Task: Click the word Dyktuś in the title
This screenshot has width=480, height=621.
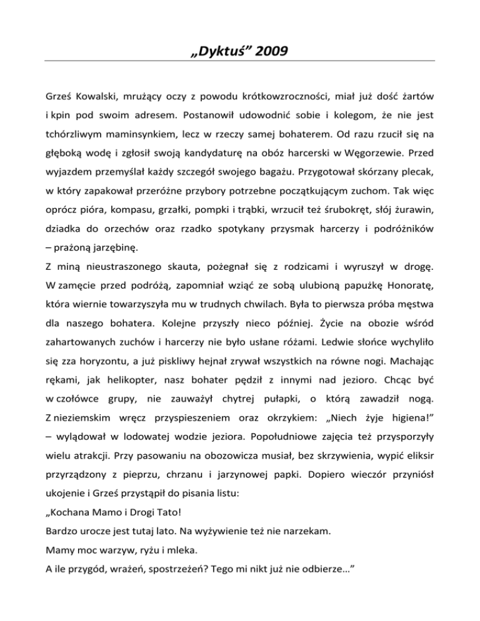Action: pos(221,47)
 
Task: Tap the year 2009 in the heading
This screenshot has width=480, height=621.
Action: pos(269,47)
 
